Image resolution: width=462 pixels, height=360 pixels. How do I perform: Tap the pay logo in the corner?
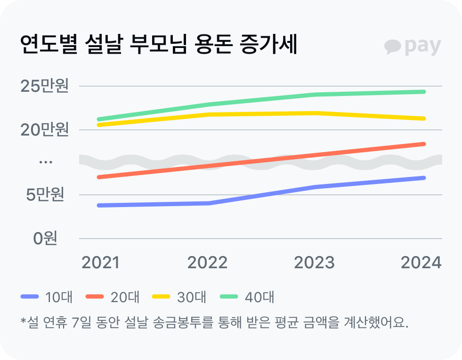(413, 46)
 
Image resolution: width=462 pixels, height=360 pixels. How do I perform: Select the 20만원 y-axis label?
(44, 129)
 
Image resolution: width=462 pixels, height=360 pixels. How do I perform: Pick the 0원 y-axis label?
(45, 238)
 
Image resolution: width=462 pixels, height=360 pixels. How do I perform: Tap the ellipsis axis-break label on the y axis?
(45, 162)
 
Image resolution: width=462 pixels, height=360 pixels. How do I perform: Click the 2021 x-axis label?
(100, 263)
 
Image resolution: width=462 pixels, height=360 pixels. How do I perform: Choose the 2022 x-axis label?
(207, 263)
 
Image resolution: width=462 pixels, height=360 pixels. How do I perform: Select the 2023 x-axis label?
(314, 263)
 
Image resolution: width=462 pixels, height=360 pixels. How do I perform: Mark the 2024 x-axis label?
(421, 263)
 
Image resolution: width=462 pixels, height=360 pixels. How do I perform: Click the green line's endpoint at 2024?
(423, 92)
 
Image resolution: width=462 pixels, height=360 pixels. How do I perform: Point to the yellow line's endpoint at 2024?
(423, 119)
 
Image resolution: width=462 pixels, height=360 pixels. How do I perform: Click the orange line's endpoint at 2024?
(423, 144)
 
